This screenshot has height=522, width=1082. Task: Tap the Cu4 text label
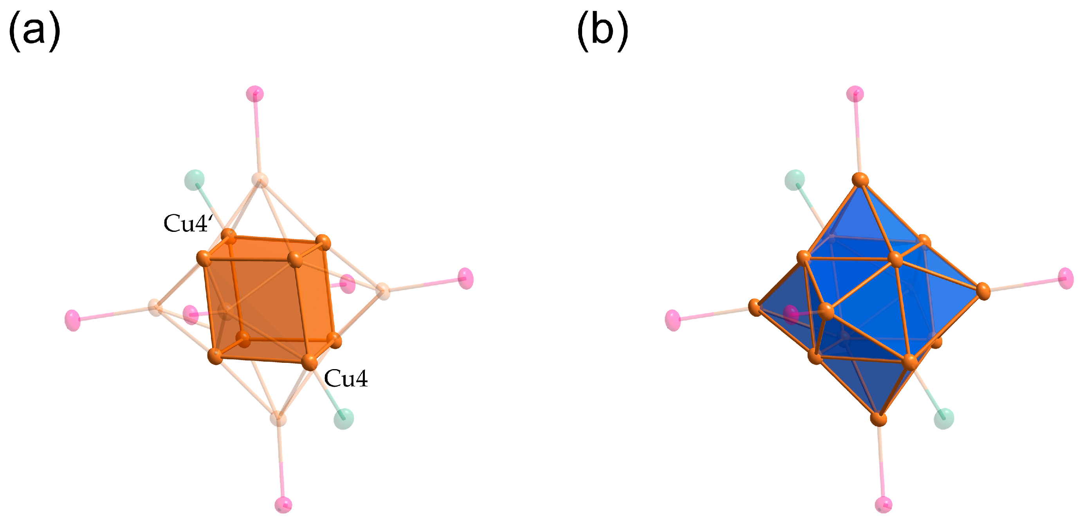[346, 378]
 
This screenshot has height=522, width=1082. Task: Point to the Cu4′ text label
[188, 223]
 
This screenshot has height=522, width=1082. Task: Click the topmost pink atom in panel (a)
[254, 93]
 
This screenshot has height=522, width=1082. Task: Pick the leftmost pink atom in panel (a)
[73, 320]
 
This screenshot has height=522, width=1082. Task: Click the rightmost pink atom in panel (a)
[466, 278]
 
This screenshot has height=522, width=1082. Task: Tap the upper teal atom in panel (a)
[194, 179]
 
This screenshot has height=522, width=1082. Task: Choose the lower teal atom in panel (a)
[344, 418]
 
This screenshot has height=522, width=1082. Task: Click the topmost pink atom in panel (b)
[855, 93]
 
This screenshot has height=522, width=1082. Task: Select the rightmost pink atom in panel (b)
[1066, 278]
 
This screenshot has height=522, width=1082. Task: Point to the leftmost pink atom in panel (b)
[673, 320]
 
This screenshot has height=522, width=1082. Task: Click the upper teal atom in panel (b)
[794, 179]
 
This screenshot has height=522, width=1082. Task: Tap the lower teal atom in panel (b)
[944, 418]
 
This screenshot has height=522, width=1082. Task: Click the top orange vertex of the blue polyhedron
[860, 180]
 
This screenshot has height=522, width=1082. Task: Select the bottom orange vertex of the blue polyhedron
[878, 418]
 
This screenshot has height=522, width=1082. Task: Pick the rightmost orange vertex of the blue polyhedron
[983, 291]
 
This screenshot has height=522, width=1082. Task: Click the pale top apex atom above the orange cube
[260, 180]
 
